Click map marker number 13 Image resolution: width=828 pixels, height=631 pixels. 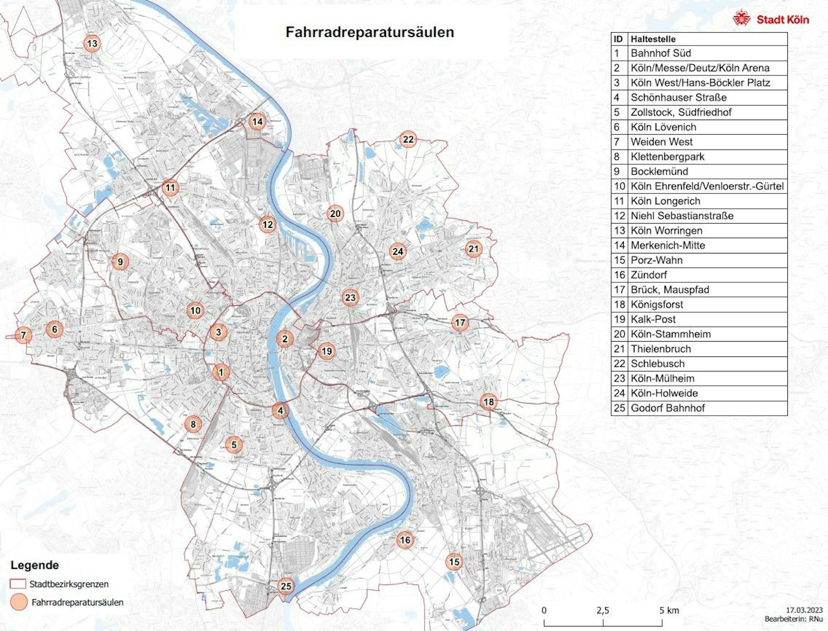(92, 43)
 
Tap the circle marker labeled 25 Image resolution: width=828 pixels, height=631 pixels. (286, 586)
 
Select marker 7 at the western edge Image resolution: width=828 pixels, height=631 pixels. (23, 335)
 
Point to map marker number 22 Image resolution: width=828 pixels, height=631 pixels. (408, 140)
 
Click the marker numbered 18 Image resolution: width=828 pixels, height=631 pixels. (489, 402)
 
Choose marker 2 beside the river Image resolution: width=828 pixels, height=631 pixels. (285, 339)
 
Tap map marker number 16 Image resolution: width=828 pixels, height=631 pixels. (405, 540)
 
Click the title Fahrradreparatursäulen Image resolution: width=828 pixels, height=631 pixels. (369, 32)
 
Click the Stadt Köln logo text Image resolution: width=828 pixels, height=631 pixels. (782, 20)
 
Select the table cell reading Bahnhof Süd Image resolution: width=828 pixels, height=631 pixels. (661, 53)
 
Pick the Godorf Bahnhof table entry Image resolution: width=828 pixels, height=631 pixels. (667, 408)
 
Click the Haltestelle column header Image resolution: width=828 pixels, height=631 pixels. (653, 39)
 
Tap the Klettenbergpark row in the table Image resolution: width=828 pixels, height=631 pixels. (667, 157)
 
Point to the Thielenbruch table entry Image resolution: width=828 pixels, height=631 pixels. (661, 349)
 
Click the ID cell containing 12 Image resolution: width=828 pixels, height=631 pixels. (619, 216)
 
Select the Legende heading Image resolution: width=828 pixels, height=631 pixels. (35, 565)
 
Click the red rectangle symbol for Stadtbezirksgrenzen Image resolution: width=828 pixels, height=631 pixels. (18, 584)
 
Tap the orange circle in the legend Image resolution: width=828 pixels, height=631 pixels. (18, 602)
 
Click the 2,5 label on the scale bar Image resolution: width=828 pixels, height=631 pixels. (603, 610)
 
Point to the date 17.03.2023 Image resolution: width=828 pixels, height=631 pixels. (804, 610)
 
